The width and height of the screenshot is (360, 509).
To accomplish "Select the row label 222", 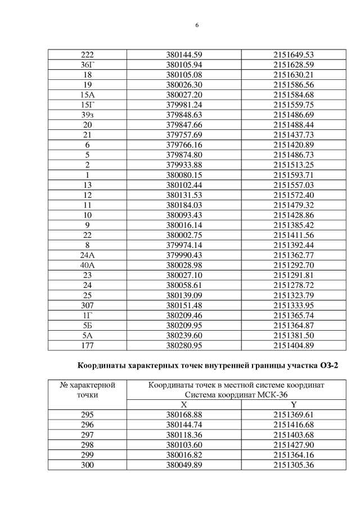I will tap(87, 55).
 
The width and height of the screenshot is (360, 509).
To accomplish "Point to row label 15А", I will tap(87, 94).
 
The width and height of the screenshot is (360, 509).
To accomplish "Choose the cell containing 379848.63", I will tap(184, 114).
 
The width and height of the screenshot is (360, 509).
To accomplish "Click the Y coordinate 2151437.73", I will tap(292, 134).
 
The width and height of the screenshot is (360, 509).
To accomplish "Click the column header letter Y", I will tap(293, 405).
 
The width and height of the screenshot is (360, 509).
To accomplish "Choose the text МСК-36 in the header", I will tap(248, 395).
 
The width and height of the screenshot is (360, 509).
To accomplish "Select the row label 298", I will tap(87, 445).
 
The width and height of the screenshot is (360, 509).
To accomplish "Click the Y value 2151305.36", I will tap(292, 465).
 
